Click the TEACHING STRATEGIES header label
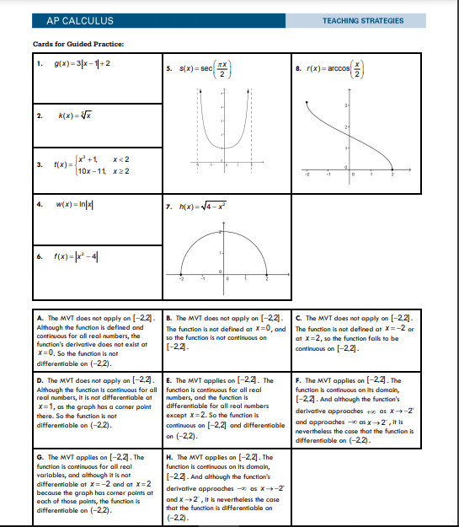click(362, 21)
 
